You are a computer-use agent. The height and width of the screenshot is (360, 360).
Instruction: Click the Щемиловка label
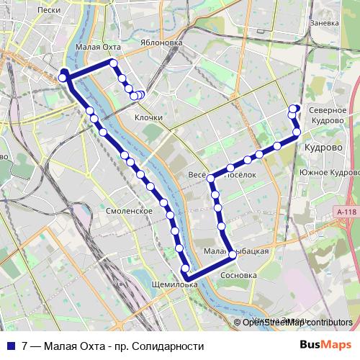pos(176,284)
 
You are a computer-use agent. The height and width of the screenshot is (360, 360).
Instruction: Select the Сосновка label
pos(240,275)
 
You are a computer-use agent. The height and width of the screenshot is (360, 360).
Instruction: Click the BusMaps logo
pos(330,346)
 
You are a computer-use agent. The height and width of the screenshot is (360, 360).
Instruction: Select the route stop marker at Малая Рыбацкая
pos(232,255)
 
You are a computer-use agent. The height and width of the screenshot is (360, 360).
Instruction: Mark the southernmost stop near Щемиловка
pos(186,276)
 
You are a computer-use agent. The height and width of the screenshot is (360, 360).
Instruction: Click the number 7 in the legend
pos(25,346)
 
